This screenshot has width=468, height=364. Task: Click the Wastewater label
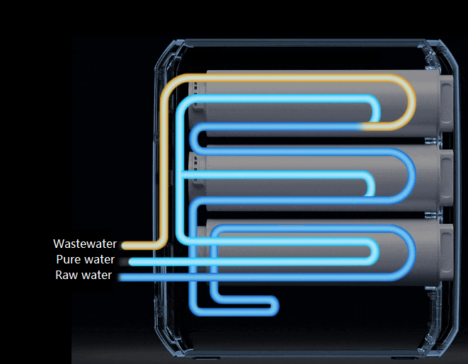[85, 244]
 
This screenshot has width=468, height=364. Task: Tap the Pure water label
[85, 260]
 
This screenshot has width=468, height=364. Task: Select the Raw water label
[84, 275]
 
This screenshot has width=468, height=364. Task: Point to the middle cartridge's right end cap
[446, 177]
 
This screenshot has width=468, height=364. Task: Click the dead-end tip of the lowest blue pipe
[275, 307]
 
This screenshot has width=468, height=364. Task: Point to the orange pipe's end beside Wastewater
[125, 245]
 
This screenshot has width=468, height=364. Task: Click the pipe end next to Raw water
[122, 276]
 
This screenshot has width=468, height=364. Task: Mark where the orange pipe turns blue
[365, 127]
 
